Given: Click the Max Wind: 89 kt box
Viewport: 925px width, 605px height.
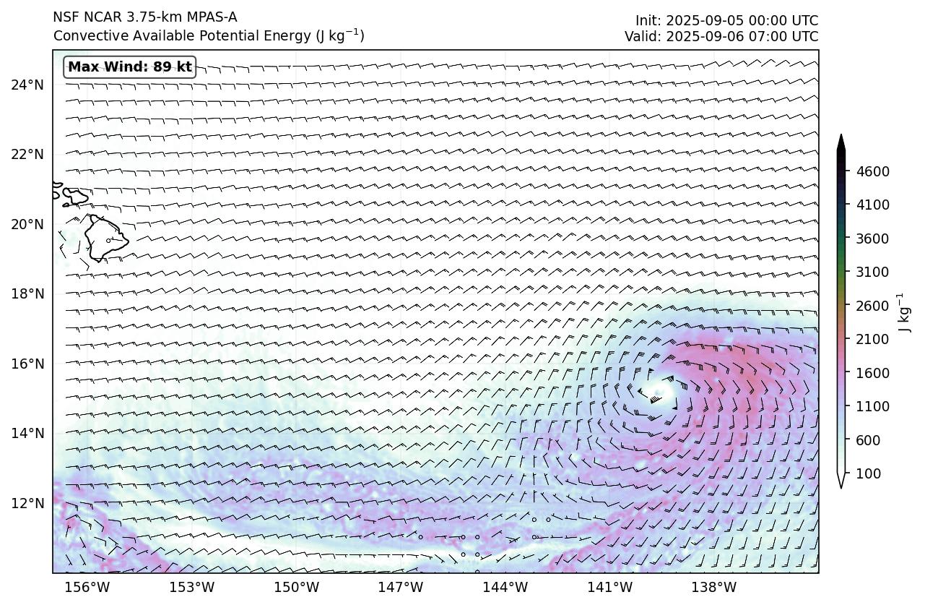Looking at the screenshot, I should point(130,67).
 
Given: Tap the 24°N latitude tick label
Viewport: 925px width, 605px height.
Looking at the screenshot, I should point(27,85).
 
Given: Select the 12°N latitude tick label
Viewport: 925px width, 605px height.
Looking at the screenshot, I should point(27,502).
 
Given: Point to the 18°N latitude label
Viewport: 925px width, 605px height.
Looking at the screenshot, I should point(27,293).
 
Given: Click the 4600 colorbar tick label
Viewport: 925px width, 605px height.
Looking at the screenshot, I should point(872,171).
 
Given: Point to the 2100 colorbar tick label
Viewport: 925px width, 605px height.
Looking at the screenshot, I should point(872,339).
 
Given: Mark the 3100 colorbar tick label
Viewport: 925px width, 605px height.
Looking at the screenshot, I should point(872,272).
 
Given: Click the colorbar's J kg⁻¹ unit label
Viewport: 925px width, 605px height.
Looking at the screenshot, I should point(901,312).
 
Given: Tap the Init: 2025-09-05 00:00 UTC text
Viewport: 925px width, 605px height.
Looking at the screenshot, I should point(726,20).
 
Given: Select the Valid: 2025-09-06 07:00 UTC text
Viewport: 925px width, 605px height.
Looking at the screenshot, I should point(721,36).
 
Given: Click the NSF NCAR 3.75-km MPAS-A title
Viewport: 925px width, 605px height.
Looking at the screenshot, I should point(144,17).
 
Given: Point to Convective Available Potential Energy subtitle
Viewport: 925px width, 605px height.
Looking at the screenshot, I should point(209,35).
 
